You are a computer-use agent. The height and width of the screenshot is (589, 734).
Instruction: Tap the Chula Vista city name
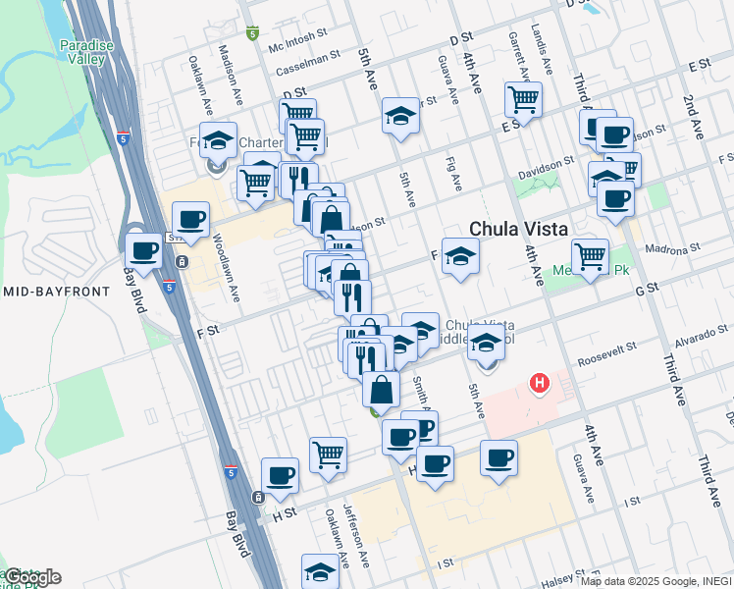pyautogui.click(x=518, y=228)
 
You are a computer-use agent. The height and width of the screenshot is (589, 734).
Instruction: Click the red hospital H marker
pyautogui.click(x=539, y=383)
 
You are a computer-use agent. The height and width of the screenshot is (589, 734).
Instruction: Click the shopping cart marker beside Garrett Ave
pyautogui.click(x=523, y=99)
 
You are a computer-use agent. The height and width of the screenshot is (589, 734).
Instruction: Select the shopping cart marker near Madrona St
pyautogui.click(x=589, y=257)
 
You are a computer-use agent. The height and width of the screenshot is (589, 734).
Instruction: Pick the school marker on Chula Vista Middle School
pyautogui.click(x=486, y=345)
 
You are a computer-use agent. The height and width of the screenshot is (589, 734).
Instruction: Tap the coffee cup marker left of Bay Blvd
pyautogui.click(x=144, y=251)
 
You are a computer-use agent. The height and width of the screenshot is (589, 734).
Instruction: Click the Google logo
pyautogui.click(x=32, y=577)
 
